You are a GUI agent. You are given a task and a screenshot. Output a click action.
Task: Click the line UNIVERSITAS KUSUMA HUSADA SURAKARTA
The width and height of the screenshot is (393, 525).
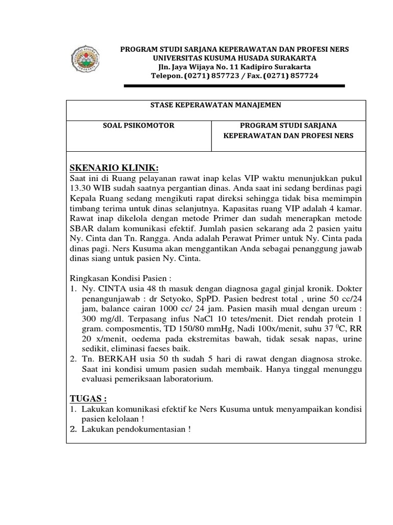tap(234, 58)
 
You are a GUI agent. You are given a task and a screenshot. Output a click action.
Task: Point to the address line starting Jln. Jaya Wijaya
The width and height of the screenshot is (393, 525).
tap(234, 67)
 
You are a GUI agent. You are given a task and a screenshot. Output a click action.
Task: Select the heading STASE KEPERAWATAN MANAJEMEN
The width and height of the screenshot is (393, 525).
tap(215, 105)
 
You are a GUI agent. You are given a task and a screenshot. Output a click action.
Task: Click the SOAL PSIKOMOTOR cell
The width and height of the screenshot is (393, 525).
tap(139, 125)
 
